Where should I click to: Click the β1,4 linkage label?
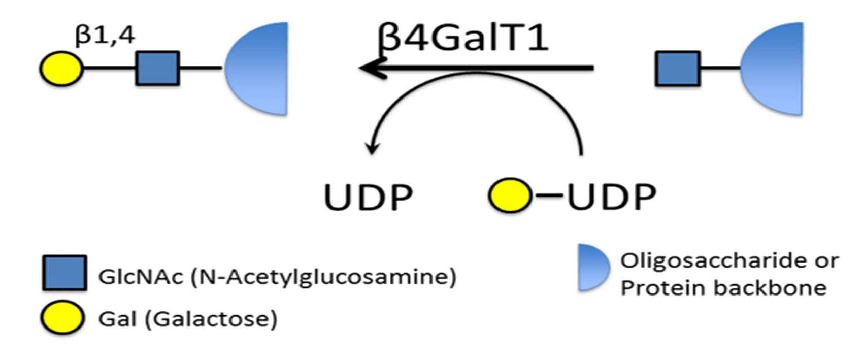point(105,36)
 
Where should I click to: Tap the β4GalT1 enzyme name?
point(463,38)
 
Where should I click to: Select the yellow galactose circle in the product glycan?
point(61,68)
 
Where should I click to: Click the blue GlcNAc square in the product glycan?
point(157,68)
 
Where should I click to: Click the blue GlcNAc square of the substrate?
point(678,68)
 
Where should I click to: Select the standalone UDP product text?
point(368,197)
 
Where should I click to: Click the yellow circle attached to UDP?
point(510,195)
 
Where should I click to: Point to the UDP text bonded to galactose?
point(611,197)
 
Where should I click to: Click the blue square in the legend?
point(64,273)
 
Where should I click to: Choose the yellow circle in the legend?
point(62,317)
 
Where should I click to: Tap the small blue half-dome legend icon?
point(592,268)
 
